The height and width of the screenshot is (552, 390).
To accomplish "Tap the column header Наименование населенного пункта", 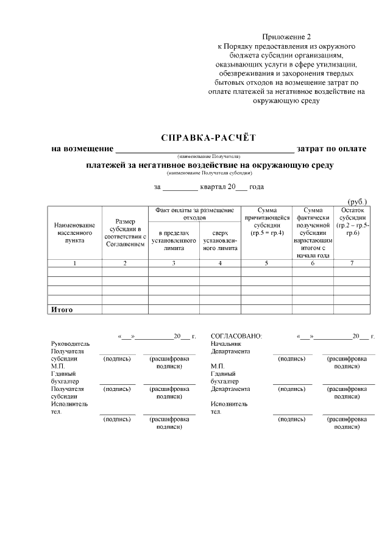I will tap(74, 233).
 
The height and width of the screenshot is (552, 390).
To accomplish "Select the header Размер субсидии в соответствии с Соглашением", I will tap(125, 233).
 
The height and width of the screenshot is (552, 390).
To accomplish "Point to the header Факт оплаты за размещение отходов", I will tap(195, 213).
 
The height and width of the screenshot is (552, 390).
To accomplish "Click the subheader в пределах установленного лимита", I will tap(174, 240).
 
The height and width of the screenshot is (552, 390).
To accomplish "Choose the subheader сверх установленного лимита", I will tap(220, 240).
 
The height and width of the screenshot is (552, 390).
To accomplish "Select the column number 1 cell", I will tap(74, 263).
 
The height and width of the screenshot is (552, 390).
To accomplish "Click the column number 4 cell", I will tap(220, 263).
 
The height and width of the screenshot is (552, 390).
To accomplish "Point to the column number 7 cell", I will tap(352, 263).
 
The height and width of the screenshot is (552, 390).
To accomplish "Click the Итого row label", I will tap(62, 310).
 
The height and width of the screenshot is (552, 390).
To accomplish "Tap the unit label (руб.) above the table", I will tap(357, 201).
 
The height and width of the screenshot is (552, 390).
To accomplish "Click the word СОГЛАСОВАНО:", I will tap(236, 336).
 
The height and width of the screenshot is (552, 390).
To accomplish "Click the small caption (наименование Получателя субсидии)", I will tap(210, 173).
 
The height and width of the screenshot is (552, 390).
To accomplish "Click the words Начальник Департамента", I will tap(230, 347).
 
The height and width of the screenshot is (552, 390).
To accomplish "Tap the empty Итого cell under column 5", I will tap(267, 310).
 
